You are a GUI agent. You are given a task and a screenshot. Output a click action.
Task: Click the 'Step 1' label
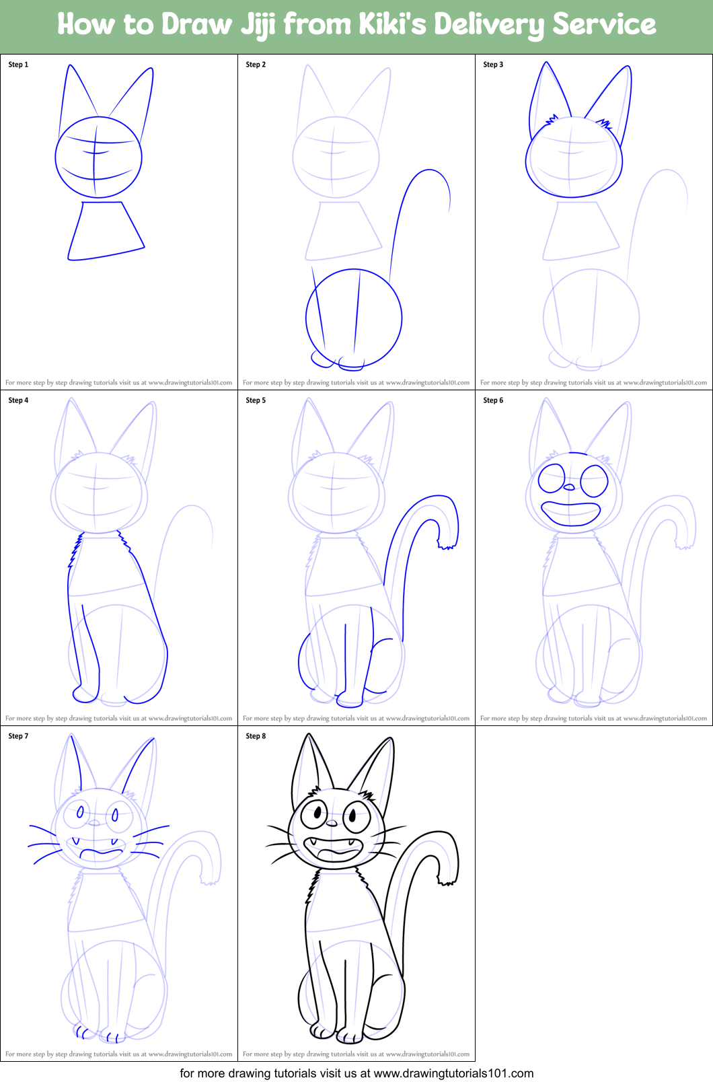pyautogui.click(x=18, y=65)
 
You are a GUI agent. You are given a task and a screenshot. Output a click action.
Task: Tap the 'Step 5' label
pyautogui.click(x=256, y=400)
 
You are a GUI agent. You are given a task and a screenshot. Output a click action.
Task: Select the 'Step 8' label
pyautogui.click(x=256, y=736)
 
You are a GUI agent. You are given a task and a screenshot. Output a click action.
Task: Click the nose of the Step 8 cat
pyautogui.click(x=332, y=823)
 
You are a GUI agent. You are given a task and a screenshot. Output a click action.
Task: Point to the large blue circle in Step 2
pyautogui.click(x=354, y=318)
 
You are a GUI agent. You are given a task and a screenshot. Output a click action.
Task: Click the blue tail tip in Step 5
pyautogui.click(x=446, y=546)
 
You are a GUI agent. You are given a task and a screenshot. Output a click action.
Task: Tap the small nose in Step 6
pyautogui.click(x=569, y=487)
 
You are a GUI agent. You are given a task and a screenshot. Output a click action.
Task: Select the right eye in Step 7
pyautogui.click(x=115, y=816)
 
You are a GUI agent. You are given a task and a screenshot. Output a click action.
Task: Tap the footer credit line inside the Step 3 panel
pyautogui.click(x=593, y=382)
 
